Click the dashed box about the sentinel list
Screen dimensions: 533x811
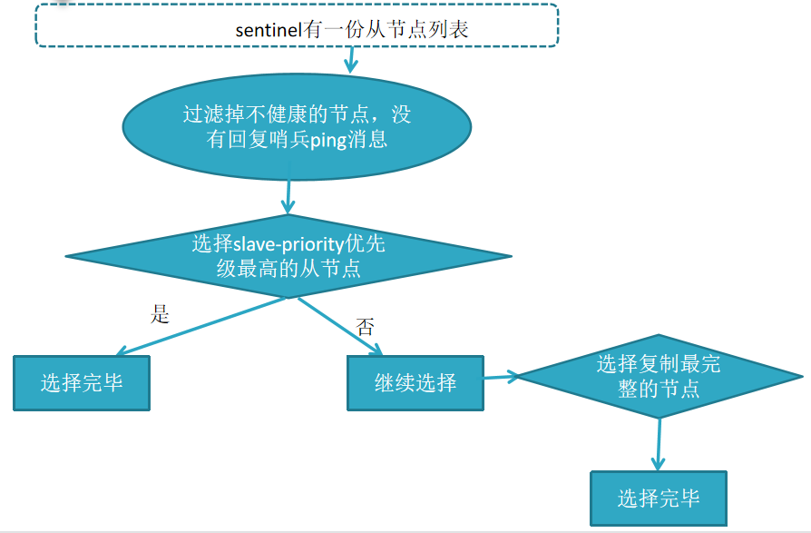[297, 25]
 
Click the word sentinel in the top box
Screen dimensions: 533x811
[269, 30]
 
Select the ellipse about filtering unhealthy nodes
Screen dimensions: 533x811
[296, 127]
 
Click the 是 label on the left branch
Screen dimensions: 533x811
[160, 314]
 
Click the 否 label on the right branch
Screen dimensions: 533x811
[365, 327]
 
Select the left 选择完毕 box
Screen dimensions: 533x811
[81, 382]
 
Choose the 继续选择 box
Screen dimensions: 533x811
[415, 382]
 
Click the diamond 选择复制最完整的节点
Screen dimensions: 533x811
[659, 376]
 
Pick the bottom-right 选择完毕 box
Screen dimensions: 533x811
[658, 498]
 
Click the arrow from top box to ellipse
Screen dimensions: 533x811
[351, 59]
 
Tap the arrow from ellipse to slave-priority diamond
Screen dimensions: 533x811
[290, 196]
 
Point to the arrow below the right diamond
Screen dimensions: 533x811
[658, 444]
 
